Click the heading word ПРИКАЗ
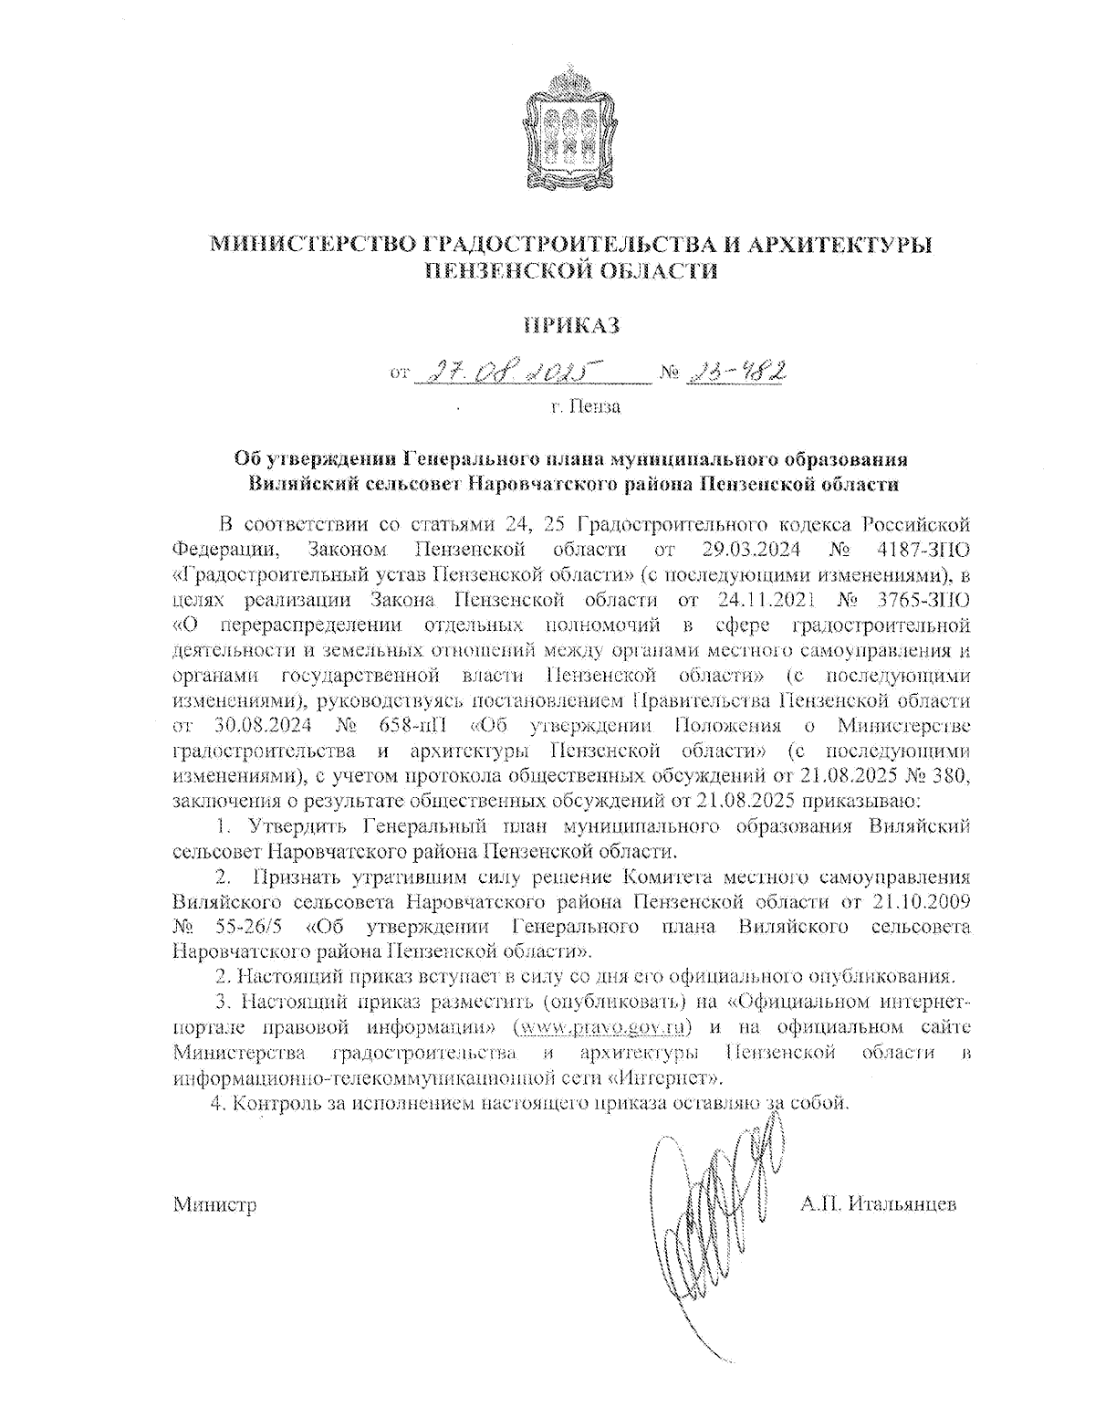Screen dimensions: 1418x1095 tap(571, 325)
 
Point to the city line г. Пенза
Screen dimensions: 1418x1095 tap(585, 406)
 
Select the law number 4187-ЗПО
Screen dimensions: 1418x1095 tap(920, 550)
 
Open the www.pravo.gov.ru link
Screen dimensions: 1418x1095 tap(602, 1027)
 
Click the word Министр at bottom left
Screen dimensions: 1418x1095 tap(214, 1205)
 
